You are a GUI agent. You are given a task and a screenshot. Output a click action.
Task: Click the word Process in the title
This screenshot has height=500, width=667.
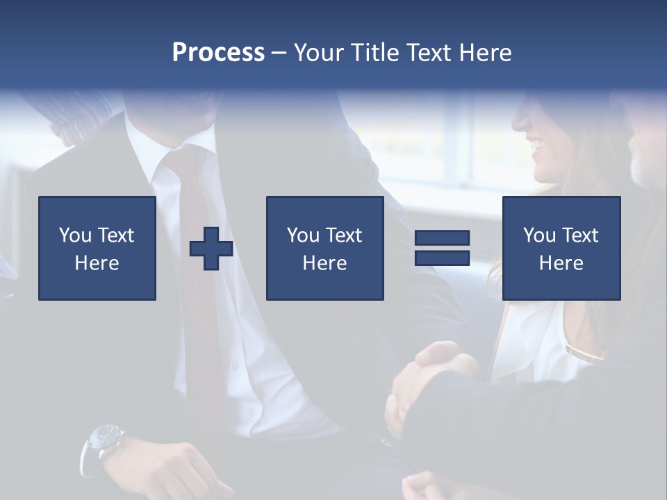click(x=218, y=53)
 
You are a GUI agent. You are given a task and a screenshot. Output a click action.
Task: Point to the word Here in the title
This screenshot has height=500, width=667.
click(x=486, y=53)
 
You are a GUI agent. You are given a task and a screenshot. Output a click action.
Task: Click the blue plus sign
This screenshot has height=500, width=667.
click(x=211, y=249)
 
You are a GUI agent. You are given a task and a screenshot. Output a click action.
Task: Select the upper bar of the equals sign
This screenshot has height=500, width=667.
click(x=442, y=238)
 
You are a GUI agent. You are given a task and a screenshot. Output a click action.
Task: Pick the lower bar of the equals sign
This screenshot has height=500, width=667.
click(x=442, y=258)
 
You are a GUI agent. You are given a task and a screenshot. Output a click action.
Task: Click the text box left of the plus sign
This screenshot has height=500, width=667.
click(x=97, y=248)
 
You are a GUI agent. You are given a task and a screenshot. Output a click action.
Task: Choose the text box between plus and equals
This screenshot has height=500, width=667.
click(x=324, y=248)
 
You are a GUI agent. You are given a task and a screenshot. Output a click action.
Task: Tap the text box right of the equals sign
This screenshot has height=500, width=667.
click(x=561, y=248)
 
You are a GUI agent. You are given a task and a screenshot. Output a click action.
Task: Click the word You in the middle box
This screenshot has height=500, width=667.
click(x=303, y=235)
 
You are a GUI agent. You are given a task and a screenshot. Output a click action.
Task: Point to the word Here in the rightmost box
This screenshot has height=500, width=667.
click(x=561, y=263)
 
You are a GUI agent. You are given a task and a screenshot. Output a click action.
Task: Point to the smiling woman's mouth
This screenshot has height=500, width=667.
click(x=536, y=146)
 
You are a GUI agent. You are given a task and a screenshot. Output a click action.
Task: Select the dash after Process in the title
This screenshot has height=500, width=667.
click(x=278, y=53)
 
